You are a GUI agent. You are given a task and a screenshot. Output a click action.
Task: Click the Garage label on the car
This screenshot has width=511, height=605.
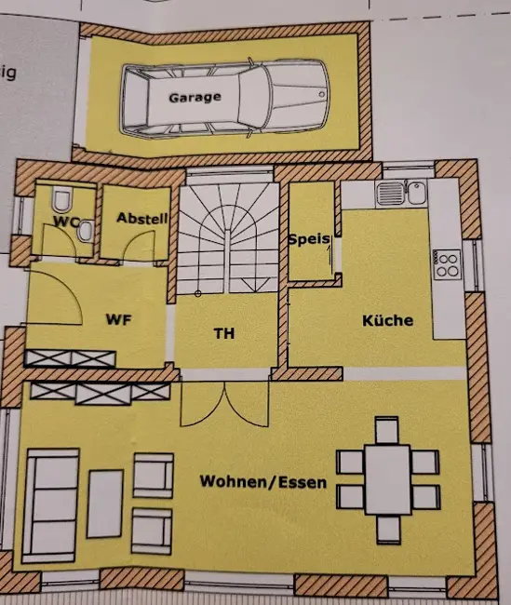click(x=195, y=97)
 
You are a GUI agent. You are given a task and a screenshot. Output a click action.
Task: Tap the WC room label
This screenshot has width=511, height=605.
click(x=66, y=222)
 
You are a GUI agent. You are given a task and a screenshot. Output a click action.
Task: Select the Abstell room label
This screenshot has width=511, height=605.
click(x=142, y=219)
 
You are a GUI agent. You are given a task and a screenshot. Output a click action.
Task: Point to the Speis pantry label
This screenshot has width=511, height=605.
click(x=309, y=239)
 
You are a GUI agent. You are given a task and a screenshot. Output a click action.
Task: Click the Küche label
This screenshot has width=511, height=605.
click(x=387, y=320)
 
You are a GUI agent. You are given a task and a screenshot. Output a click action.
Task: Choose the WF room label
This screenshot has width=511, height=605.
click(x=118, y=319)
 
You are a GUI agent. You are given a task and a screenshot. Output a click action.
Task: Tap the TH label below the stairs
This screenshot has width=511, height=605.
click(x=223, y=333)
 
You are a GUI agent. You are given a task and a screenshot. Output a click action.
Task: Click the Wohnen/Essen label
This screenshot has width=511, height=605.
click(x=263, y=481)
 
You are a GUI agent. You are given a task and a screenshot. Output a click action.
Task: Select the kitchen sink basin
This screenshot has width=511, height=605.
click(x=417, y=194)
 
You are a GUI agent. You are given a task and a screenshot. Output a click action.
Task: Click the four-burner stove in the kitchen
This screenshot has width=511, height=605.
click(x=448, y=264)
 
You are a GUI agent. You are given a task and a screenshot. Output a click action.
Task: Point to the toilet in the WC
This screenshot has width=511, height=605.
click(x=61, y=199)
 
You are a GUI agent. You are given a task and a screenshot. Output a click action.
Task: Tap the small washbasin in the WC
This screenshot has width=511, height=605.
click(x=85, y=231)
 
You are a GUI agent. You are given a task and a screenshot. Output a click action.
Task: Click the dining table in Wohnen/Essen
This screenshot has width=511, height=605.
click(x=388, y=479)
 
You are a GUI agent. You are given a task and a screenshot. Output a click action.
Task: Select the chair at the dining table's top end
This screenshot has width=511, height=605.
click(x=386, y=430)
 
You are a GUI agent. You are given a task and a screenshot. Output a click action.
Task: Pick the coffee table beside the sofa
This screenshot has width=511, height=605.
click(x=104, y=504)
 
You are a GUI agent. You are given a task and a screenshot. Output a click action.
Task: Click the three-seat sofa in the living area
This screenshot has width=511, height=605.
click(x=51, y=505)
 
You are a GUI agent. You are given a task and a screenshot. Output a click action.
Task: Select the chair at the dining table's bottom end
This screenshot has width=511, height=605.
click(x=388, y=531)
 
